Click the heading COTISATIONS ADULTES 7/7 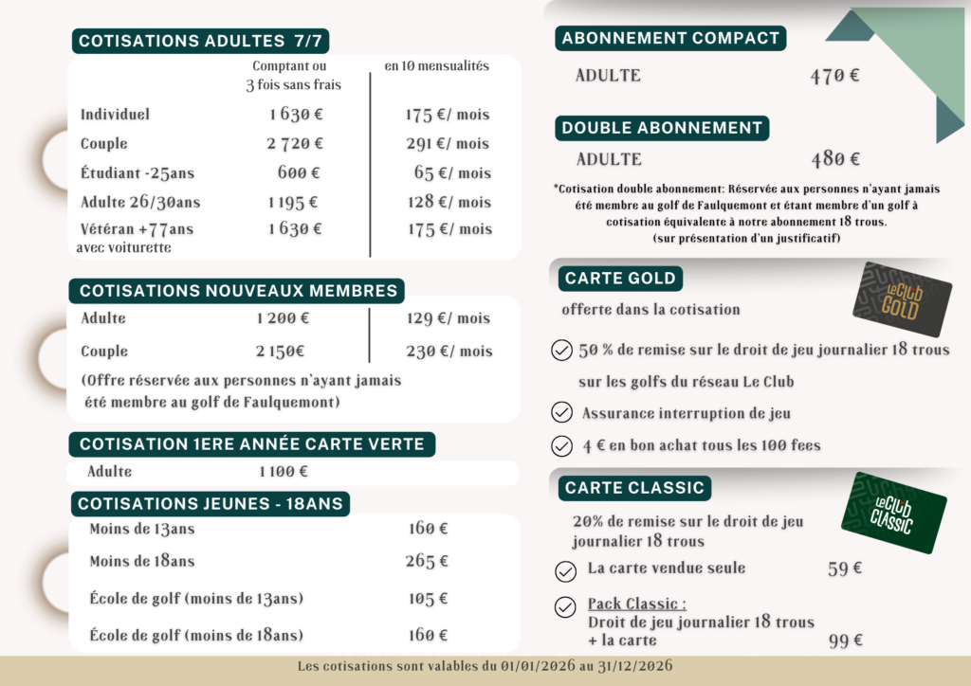[201, 41]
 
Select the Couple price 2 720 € [295, 144]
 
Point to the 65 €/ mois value [452, 173]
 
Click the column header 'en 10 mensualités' [436, 66]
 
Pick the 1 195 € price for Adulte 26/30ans [293, 202]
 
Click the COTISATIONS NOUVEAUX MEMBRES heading [238, 291]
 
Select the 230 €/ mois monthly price [449, 352]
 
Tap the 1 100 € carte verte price [284, 472]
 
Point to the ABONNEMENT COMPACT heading [670, 39]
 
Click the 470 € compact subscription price [834, 76]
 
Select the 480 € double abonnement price [835, 159]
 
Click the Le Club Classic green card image [892, 513]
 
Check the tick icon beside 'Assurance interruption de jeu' [561, 413]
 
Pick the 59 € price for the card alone [844, 569]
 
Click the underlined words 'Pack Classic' [636, 605]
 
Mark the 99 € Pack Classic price [845, 641]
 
